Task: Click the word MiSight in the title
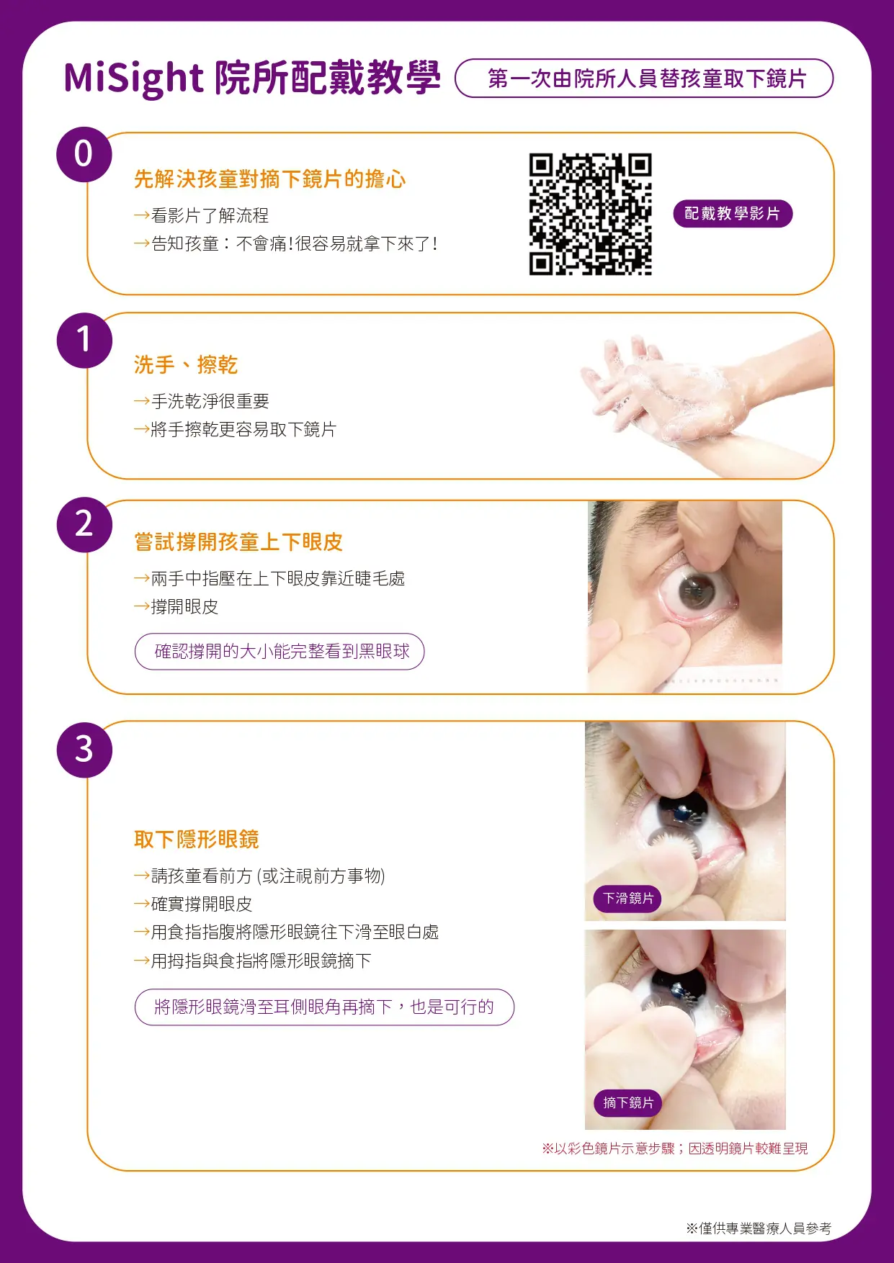pos(134,78)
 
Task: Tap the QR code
pos(590,214)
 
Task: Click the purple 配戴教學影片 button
pos(732,214)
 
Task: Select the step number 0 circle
pos(84,154)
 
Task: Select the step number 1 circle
pos(84,340)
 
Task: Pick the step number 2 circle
pos(84,524)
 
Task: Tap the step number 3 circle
pos(84,750)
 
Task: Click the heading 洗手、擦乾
pos(186,365)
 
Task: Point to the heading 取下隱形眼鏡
pos(196,840)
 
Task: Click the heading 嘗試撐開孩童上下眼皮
pos(238,542)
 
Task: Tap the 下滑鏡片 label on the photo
pos(627,899)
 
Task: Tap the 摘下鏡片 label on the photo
pos(627,1103)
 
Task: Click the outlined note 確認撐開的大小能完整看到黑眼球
pos(280,652)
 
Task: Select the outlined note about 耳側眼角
pos(324,1007)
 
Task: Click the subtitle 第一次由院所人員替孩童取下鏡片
pos(645,78)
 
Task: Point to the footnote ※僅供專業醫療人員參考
pos(758,1228)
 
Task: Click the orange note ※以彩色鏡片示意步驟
pos(674,1149)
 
